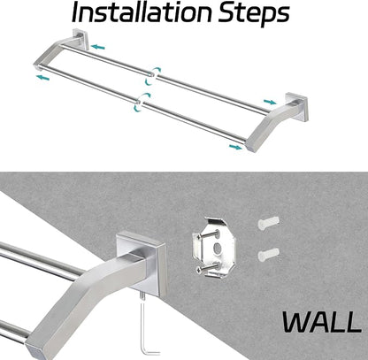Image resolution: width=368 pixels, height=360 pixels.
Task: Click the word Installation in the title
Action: (x=142, y=12)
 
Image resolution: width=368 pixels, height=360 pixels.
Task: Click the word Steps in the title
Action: (x=254, y=14)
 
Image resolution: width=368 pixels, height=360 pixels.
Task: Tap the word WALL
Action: (x=322, y=323)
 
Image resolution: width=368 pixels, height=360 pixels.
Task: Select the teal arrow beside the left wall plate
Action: (x=98, y=47)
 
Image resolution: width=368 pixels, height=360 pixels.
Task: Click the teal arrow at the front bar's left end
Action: (x=42, y=78)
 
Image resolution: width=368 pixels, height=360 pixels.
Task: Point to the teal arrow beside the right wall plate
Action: (x=270, y=102)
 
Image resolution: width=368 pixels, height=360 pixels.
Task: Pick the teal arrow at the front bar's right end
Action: (x=236, y=147)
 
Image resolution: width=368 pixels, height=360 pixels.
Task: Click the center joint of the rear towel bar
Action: (x=154, y=75)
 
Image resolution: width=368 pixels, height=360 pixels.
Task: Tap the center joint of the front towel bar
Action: (x=141, y=102)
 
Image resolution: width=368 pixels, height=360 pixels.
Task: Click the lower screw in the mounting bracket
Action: (x=208, y=267)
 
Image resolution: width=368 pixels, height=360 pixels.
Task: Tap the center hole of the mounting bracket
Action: (x=218, y=249)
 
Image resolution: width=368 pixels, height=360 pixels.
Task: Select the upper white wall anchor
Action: (x=268, y=223)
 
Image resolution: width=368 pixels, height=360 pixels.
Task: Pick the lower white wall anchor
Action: (x=268, y=255)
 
